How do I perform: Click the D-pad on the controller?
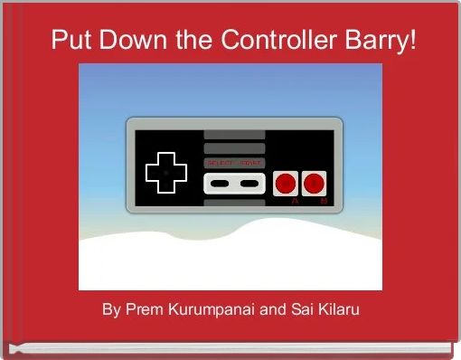165,171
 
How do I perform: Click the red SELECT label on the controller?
221,163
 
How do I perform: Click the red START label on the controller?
249,163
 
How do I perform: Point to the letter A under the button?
294,202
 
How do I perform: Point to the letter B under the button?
324,202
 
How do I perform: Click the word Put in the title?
67,41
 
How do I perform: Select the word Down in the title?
122,41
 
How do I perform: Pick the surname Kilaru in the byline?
335,310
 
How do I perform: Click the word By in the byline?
111,310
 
